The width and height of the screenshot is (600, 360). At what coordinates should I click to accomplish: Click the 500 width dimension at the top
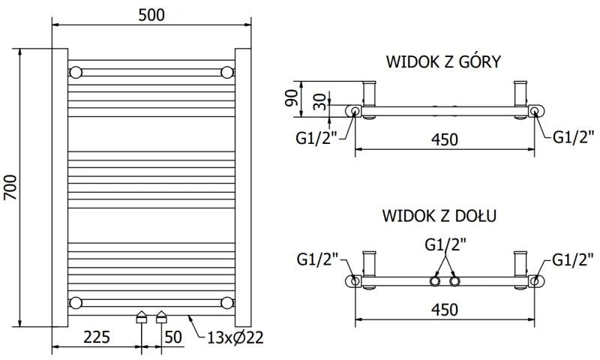coord(151,13)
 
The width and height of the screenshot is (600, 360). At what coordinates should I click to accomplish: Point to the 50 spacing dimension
coord(172,337)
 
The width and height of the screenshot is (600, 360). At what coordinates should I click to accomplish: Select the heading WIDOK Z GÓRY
coord(443,61)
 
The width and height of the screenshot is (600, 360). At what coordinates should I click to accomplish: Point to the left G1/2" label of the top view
coord(316,136)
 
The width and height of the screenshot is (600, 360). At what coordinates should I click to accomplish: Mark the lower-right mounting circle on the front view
coord(226,302)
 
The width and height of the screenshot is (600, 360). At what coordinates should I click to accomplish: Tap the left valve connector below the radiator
coord(140,317)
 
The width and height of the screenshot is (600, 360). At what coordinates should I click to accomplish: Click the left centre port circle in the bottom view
coord(434,281)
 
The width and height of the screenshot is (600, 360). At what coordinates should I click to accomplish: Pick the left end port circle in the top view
coord(353,112)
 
